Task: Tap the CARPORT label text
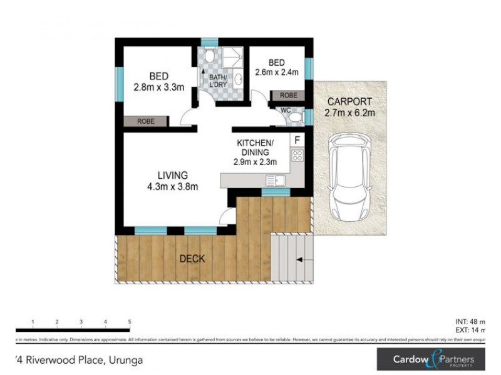coord(349,102)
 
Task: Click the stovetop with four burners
coord(297,156)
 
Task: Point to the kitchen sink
coord(276,181)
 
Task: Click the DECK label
coord(192,258)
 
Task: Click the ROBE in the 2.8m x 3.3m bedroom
coord(145,121)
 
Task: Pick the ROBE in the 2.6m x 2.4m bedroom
coord(288,96)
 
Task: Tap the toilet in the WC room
coord(297,116)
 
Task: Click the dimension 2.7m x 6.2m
coord(349,113)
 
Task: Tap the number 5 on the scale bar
coord(129,321)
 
